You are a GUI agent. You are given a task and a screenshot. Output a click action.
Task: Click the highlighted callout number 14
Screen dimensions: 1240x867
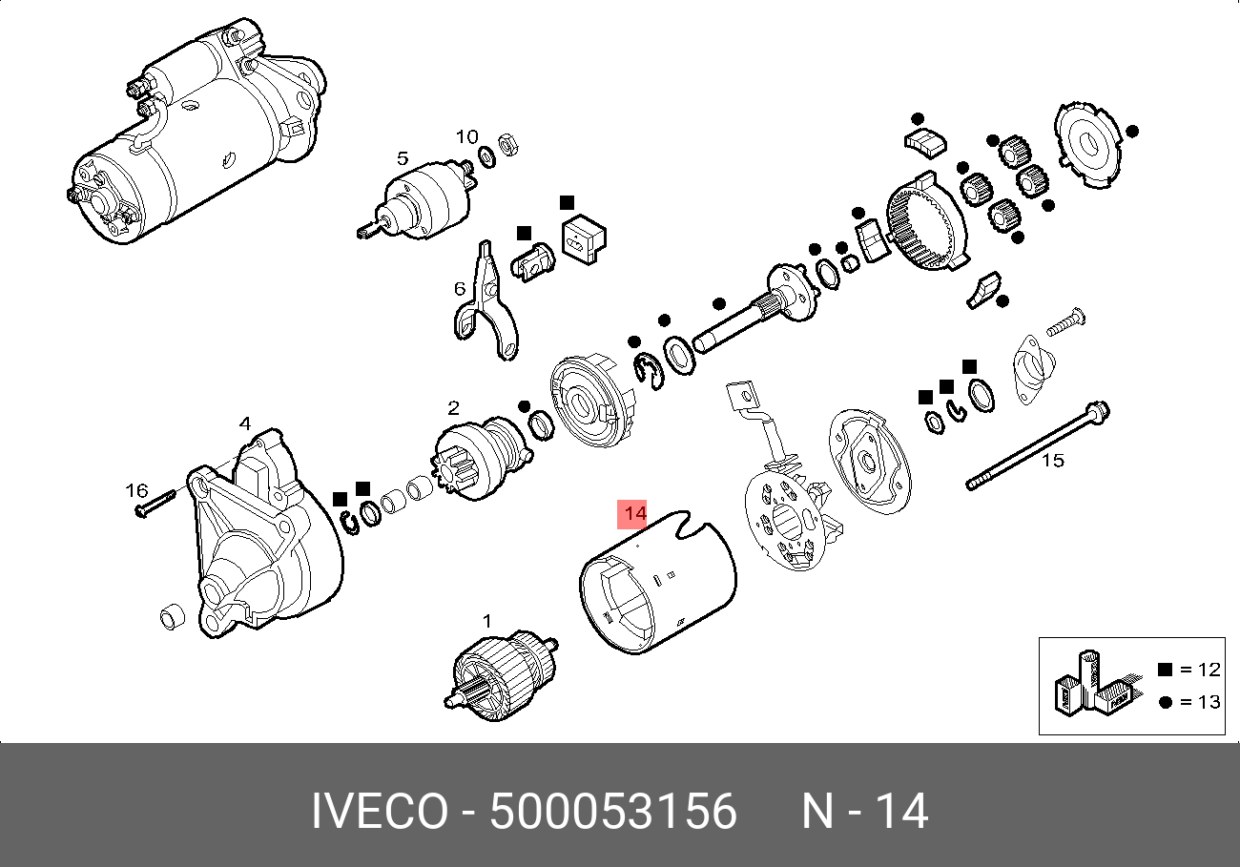coord(633,514)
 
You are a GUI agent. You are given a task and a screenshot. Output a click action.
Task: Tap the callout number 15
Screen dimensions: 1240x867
coord(1051,461)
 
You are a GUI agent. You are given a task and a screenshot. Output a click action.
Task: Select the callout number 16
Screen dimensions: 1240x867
coord(137,490)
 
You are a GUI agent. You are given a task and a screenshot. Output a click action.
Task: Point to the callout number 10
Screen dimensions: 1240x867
coord(466,137)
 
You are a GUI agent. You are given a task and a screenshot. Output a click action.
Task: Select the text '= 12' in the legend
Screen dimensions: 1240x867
coord(1199,670)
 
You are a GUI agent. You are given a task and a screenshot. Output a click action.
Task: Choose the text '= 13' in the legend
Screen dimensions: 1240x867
coord(1199,702)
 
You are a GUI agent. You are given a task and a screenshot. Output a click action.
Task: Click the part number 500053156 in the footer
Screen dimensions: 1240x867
coord(612,813)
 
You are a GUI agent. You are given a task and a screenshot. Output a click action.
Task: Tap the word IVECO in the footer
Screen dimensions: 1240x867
coord(379,813)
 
